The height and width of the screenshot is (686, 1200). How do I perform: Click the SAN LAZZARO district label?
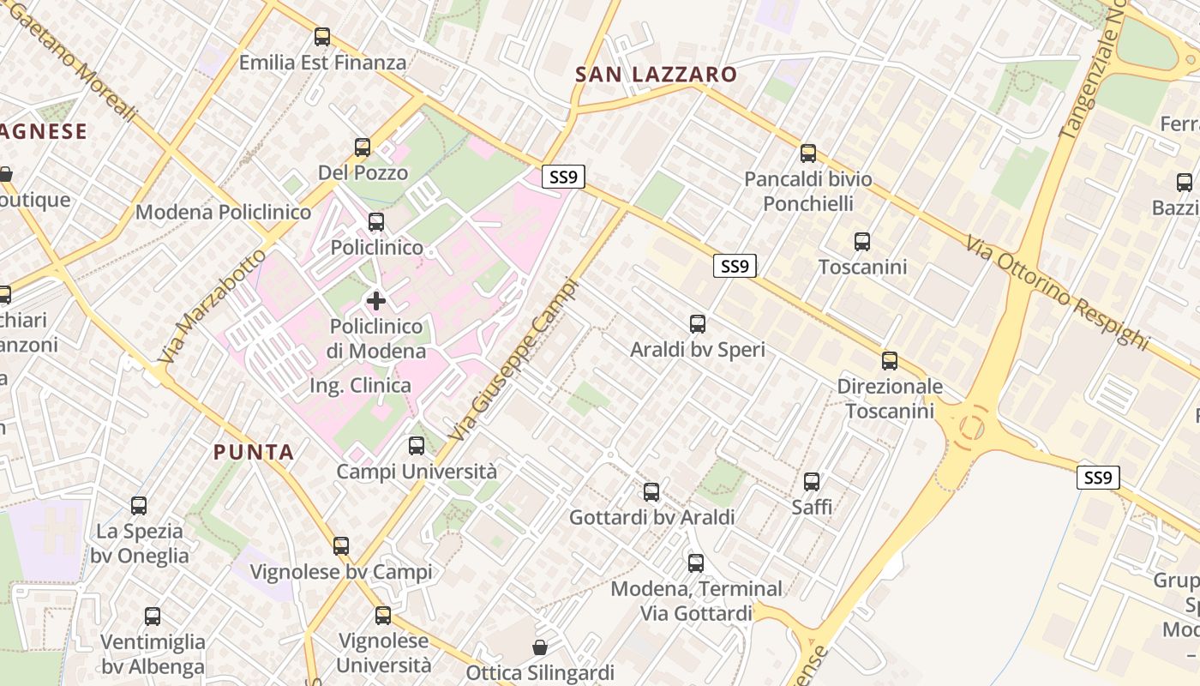coord(656,75)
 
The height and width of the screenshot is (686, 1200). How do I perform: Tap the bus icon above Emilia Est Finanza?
coord(322,37)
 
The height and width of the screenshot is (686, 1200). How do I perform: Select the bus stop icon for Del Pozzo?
coord(363,147)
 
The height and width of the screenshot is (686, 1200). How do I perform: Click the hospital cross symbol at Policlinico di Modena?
coord(375,301)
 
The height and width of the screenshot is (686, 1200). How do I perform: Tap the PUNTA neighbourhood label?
coord(254,453)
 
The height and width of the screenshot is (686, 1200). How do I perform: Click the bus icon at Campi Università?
coord(417,446)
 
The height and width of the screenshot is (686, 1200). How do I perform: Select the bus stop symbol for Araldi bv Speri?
coord(698,324)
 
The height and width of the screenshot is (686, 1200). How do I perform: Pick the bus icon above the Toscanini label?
coord(862,242)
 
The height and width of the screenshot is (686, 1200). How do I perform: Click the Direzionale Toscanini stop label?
coord(890,399)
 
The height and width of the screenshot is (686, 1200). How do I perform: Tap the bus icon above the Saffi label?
coord(812,482)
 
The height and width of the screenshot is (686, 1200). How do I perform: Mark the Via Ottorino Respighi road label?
coord(1057,292)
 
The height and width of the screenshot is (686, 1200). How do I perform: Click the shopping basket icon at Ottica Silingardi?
coord(540,647)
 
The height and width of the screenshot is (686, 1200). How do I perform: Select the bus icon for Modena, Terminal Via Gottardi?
coord(696,563)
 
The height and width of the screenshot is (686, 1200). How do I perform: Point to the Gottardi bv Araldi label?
coord(652,518)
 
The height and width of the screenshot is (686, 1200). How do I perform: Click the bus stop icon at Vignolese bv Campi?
coord(341,546)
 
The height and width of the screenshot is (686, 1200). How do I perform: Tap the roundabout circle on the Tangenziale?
coord(972,426)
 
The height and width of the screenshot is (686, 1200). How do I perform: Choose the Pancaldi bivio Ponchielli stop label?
coord(808,191)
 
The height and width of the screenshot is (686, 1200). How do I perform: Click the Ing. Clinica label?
coord(360,386)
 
